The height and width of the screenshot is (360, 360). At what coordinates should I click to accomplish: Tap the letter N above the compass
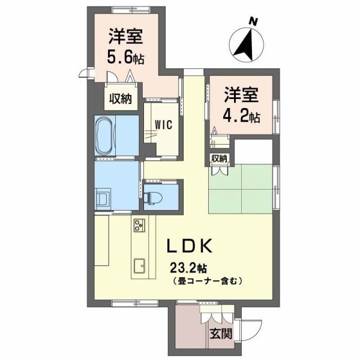(x=254, y=22)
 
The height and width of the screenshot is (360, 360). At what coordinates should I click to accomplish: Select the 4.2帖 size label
(x=242, y=115)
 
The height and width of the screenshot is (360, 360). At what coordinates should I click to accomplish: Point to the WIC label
(x=163, y=125)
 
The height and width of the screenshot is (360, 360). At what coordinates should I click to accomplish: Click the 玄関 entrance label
(x=221, y=333)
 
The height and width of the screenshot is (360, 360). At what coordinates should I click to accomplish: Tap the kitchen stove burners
(x=140, y=227)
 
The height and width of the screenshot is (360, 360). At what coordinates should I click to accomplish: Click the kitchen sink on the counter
(x=140, y=265)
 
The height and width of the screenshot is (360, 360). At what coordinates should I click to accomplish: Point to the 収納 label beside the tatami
(x=219, y=158)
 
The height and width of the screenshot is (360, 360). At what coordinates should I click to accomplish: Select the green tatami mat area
(x=240, y=188)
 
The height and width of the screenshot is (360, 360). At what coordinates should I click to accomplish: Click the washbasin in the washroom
(x=103, y=199)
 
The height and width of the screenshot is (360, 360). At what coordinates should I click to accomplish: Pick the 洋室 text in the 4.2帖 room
(x=241, y=95)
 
